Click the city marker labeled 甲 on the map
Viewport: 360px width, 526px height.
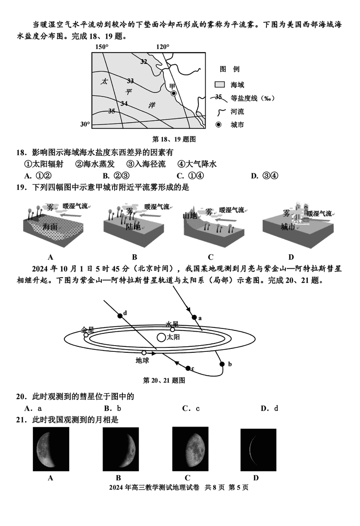[x=174, y=93]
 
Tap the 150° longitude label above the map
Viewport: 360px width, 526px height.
[x=102, y=47]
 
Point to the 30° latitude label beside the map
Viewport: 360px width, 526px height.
[x=85, y=124]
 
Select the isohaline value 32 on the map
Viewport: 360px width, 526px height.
[x=144, y=62]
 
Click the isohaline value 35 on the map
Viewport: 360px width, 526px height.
[x=112, y=111]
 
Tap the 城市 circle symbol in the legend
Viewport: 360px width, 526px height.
[x=219, y=125]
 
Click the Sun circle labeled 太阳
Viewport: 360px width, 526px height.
[x=161, y=337]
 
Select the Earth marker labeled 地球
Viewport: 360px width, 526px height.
[x=144, y=353]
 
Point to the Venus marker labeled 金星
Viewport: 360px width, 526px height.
[x=86, y=335]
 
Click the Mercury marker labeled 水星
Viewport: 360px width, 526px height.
[x=172, y=329]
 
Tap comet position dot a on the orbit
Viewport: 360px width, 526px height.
[x=194, y=317]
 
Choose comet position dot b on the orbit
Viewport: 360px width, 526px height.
[x=221, y=364]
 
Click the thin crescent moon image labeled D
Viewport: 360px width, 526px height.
[x=255, y=450]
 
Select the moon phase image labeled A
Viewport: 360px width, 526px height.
[x=51, y=450]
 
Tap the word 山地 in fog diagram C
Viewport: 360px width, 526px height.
[x=191, y=216]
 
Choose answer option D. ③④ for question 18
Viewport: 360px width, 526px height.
[x=265, y=175]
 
